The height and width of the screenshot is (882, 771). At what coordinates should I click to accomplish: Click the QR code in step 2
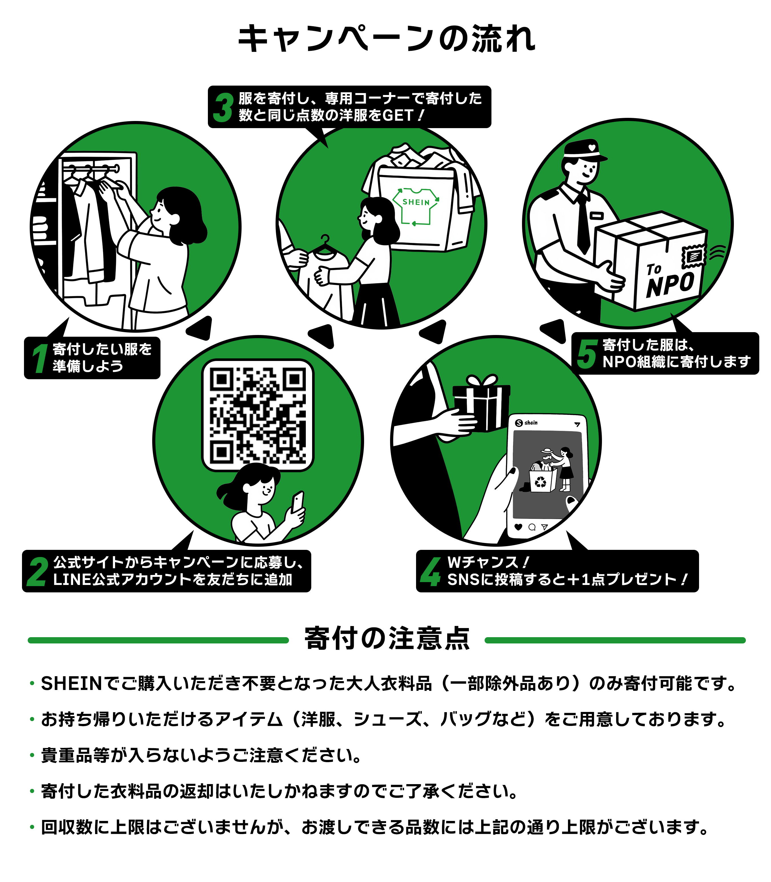[x=258, y=415]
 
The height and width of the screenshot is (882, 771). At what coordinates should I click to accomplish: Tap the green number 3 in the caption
[x=223, y=108]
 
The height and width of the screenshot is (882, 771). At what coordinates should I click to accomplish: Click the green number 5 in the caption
[x=587, y=354]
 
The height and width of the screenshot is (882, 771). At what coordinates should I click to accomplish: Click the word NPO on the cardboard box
[x=670, y=284]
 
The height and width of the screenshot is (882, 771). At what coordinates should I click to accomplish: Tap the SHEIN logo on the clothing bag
[x=415, y=205]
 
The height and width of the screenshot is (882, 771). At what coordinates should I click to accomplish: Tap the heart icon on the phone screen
[x=519, y=527]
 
